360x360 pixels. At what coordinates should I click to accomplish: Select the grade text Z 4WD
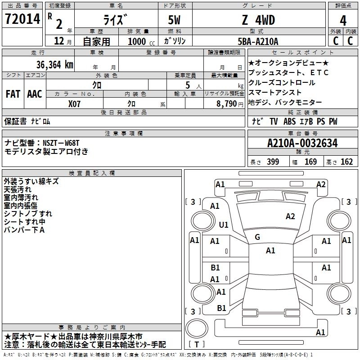coord(258,20)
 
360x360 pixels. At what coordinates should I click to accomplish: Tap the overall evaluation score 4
coord(343,21)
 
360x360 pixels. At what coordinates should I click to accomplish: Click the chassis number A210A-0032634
coord(302,144)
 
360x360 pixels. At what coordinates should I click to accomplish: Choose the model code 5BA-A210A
coord(258,41)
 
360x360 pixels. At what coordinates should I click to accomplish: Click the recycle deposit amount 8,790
coord(224,103)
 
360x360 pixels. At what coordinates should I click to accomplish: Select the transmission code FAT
coord(13,94)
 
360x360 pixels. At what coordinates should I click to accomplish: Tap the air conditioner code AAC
coord(35,94)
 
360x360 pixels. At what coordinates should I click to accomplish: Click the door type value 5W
coord(175,20)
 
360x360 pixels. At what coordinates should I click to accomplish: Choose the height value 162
coord(347,162)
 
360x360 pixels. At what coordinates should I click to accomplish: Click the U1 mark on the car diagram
coord(224,224)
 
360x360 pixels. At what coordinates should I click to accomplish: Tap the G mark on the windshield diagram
coord(257,237)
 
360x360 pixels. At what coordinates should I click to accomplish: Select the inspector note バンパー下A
coord(24,230)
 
